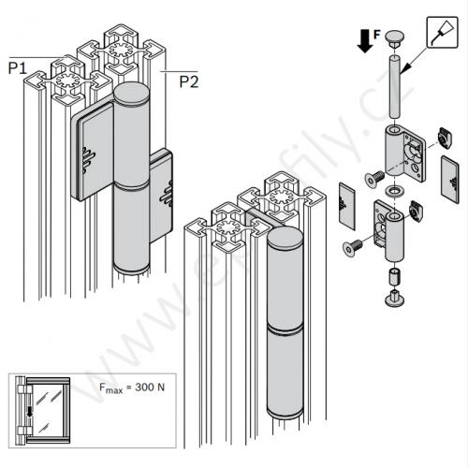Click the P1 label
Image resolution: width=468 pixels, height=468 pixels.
pos(18,68)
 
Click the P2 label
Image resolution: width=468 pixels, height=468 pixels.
pos(189,81)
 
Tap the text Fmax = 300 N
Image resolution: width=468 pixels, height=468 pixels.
pos(132,388)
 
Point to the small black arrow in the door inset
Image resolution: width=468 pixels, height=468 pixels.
pos(30,412)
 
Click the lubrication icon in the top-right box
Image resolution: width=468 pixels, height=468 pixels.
pos(442,33)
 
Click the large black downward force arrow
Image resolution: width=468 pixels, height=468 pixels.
pos(365,41)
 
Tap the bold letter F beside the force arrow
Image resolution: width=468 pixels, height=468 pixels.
pos(377,34)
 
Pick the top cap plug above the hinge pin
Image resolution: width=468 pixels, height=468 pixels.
pos(395,39)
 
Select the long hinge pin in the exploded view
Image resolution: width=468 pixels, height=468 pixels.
pos(395,87)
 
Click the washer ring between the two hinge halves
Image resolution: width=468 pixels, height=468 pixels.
pos(394,191)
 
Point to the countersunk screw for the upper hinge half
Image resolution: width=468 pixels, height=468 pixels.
pos(374,179)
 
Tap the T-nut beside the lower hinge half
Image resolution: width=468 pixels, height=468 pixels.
pos(416,211)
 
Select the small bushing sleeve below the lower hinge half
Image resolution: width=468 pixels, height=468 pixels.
pos(395,276)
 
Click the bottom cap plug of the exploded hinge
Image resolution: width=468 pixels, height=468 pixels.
pos(395,298)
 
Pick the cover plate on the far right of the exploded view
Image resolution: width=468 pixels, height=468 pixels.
pos(450,180)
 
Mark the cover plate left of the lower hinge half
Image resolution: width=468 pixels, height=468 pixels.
pos(347,206)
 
